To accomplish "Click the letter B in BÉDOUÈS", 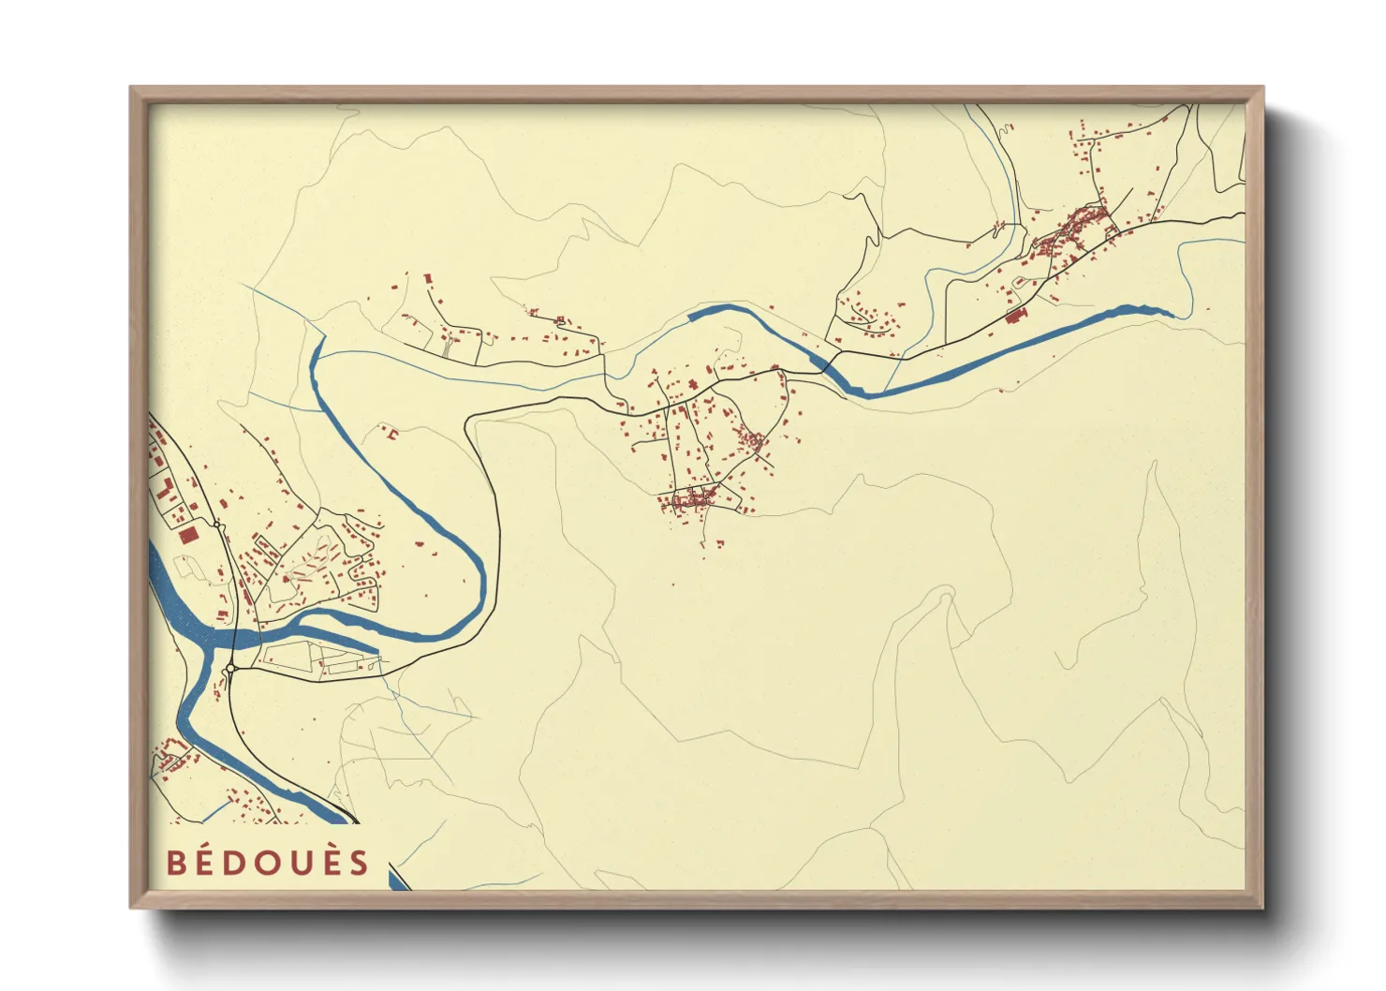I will pos(175,863).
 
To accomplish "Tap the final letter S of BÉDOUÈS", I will pos(360,863).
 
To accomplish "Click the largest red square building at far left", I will pos(188,535).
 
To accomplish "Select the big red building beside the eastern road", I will pos(1015,316).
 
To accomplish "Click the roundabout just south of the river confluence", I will pos(230,669).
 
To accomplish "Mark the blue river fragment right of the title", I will pos(399,879).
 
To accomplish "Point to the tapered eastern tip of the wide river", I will pos(1170,313).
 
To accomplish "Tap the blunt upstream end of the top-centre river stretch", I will pos(691,316).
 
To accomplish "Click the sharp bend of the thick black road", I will pos(469,421).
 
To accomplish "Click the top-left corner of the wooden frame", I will pos(130,87).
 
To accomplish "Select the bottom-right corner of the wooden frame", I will pos(1263,908).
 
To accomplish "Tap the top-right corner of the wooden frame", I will pos(1263,87).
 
